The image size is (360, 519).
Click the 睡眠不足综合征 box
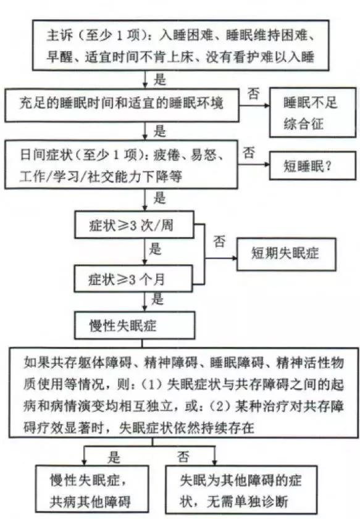[312, 112]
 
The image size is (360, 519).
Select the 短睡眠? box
[312, 165]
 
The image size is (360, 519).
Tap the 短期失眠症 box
[286, 254]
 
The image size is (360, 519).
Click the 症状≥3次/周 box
[134, 225]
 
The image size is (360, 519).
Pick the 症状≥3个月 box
[133, 278]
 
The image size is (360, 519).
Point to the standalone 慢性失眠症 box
[135, 325]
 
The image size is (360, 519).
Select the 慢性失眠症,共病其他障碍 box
[92, 489]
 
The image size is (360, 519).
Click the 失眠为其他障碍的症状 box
[241, 489]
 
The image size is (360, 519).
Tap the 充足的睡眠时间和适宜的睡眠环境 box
[122, 104]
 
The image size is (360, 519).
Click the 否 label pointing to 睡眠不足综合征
[254, 94]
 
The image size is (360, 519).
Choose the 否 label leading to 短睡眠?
[249, 153]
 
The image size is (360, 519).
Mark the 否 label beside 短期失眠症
[219, 241]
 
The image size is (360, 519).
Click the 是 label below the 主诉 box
[160, 80]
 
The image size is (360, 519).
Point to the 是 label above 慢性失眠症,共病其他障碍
[114, 457]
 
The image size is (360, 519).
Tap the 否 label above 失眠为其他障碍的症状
[183, 457]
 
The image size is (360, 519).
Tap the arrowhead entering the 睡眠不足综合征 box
[267, 106]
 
